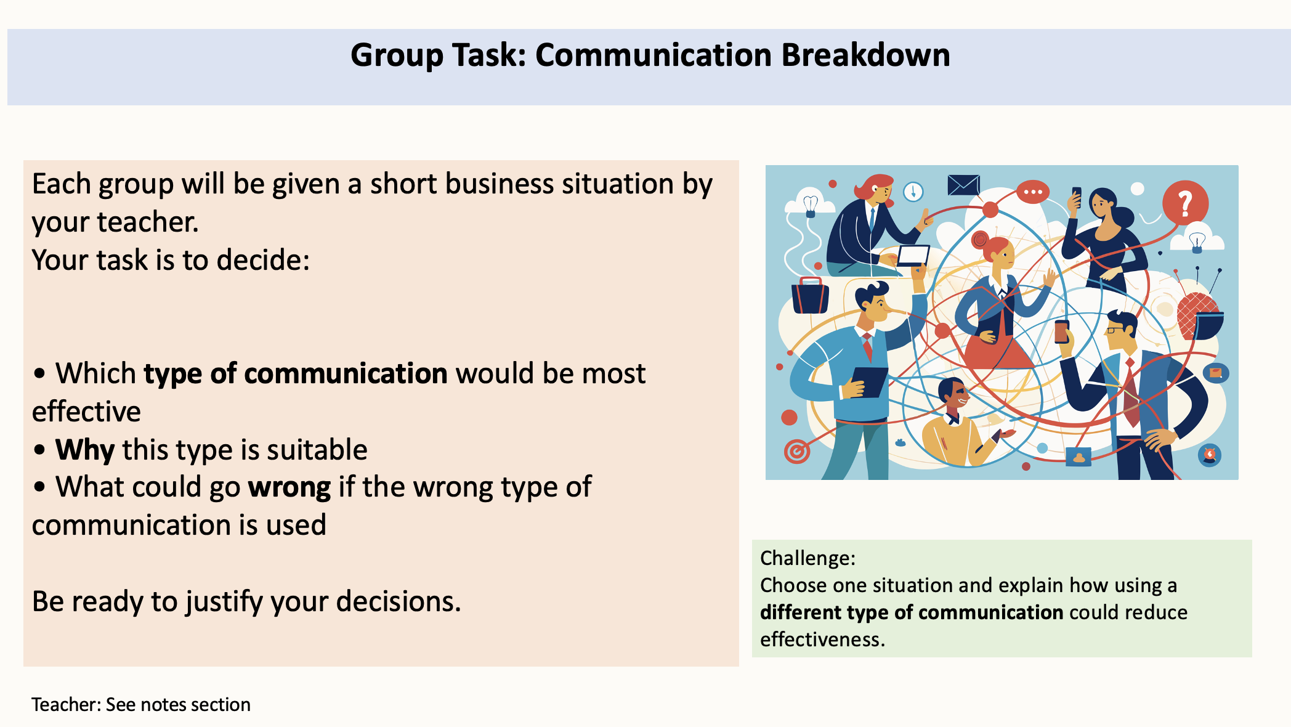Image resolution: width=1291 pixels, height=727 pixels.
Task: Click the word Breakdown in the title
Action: pos(866,55)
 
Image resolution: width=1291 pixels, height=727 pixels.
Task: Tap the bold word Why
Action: pos(85,450)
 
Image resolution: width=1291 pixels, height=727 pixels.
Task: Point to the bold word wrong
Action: pos(289,488)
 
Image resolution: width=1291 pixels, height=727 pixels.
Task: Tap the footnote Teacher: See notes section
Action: pos(141,704)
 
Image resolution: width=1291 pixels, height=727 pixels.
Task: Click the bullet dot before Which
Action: pos(40,374)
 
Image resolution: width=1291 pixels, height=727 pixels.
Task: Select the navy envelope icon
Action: pos(963,185)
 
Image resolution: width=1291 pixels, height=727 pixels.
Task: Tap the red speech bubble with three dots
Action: pos(1032,192)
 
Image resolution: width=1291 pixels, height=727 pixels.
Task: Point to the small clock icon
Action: pos(913,192)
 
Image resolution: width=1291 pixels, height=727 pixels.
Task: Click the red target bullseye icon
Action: pos(796,452)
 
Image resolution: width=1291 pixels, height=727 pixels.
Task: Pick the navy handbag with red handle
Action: pos(810,295)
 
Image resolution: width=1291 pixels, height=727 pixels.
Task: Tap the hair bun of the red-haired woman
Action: pos(979,238)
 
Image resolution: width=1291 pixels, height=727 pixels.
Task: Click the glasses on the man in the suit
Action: pos(1115,330)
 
